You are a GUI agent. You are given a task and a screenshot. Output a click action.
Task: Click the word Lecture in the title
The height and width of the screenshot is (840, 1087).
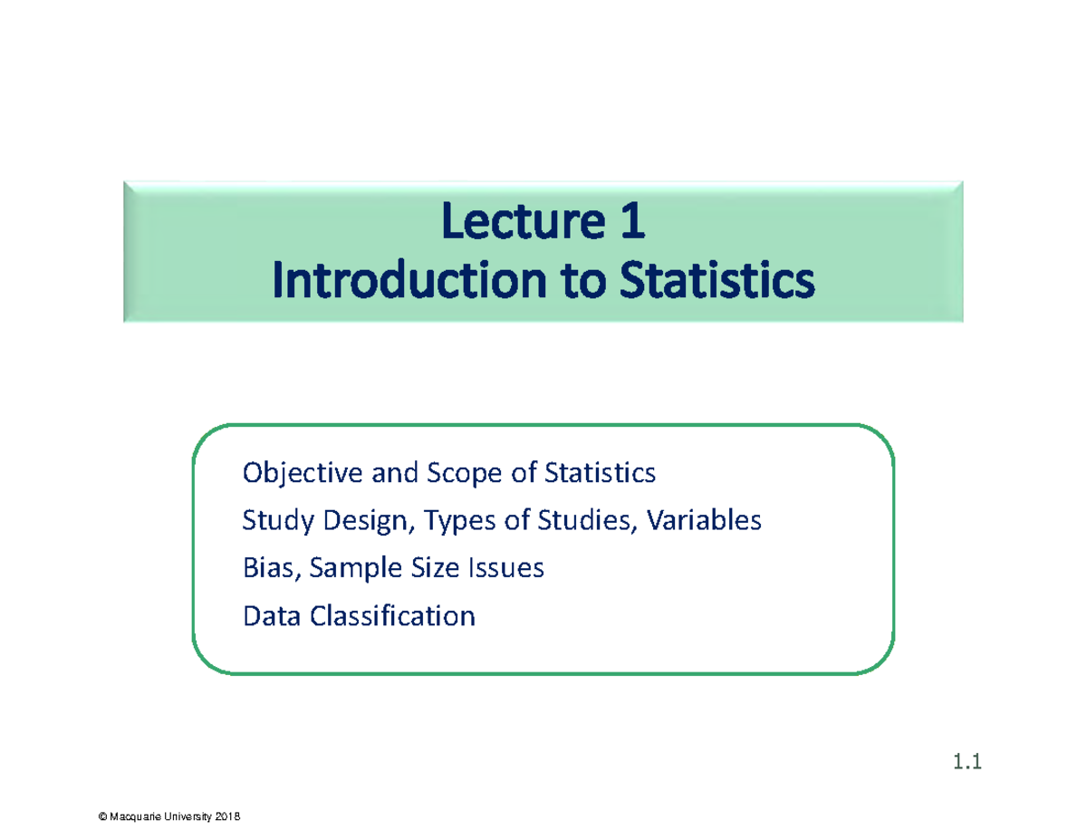[524, 221]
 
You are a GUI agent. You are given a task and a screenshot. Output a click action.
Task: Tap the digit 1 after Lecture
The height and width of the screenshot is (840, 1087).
[633, 220]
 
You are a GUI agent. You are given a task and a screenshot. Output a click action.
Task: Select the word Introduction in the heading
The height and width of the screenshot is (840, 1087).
[409, 280]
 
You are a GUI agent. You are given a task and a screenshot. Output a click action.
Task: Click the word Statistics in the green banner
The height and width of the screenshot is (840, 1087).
[717, 280]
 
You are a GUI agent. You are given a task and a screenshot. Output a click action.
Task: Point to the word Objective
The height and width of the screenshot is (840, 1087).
[303, 473]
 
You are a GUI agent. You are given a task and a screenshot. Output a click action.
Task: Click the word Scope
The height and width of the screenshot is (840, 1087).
[464, 474]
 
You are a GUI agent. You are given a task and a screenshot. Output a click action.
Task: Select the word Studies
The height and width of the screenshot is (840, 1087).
[587, 520]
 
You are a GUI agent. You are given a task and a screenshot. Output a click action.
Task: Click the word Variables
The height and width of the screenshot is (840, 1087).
[704, 520]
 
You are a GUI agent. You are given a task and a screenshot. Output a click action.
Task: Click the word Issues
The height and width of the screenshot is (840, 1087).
[505, 568]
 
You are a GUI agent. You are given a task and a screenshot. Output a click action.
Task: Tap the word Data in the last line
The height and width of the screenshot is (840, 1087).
[272, 616]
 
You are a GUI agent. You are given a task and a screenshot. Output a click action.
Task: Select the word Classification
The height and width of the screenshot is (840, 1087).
[393, 615]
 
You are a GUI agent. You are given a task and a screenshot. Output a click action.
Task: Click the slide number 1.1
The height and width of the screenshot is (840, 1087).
[967, 761]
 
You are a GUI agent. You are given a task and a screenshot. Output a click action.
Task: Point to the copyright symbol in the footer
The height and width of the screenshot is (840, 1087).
[102, 816]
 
